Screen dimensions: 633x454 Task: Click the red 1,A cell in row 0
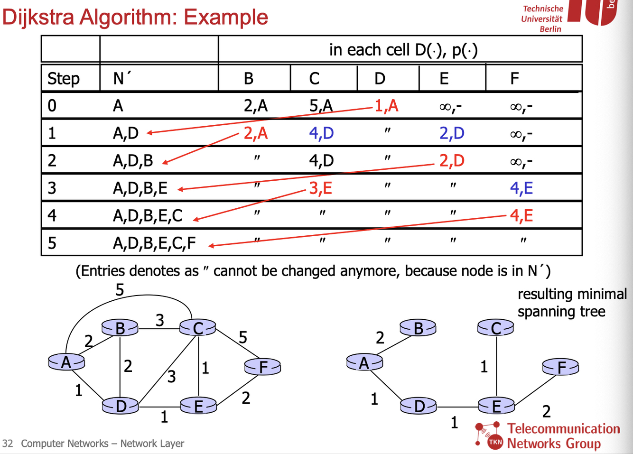[x=386, y=106]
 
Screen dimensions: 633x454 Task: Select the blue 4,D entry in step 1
[x=321, y=133]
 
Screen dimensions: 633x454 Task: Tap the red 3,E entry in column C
[x=320, y=188]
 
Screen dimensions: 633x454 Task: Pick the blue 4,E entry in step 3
[x=521, y=188]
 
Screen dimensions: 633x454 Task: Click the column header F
[x=514, y=78]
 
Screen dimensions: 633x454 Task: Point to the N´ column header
[x=122, y=78]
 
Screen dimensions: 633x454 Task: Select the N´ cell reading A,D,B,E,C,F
[x=154, y=243]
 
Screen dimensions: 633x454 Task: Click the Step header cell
[x=63, y=78]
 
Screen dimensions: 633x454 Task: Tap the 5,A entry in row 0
[x=321, y=106]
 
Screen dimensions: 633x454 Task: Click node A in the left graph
[x=66, y=362]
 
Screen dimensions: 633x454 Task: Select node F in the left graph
[x=263, y=367]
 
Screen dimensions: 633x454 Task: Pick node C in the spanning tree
[x=495, y=328]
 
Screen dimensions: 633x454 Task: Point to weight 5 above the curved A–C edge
[x=120, y=289]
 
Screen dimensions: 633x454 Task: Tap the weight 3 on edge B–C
[x=160, y=320]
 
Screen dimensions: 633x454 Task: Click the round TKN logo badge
[x=495, y=442]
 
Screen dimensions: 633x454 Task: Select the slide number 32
[x=8, y=444]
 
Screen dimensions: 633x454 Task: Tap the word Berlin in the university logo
[x=550, y=29]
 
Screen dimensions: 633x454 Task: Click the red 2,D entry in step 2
[x=451, y=161]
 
